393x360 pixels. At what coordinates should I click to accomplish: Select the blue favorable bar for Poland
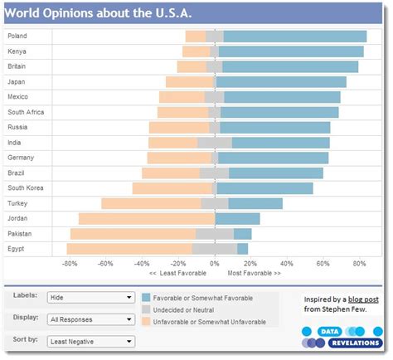(x=294, y=36)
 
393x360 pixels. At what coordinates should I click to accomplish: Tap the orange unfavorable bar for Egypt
(x=129, y=249)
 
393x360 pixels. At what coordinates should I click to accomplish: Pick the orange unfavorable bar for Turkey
(x=151, y=203)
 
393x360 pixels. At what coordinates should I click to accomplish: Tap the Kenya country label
(x=17, y=51)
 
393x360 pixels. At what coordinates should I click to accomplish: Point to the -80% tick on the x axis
(x=70, y=264)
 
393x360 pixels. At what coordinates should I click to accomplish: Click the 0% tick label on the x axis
(x=215, y=264)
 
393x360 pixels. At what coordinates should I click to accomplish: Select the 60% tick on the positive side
(x=323, y=264)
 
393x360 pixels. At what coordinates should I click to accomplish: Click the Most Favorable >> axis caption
(x=254, y=273)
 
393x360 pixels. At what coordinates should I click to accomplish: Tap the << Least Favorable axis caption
(x=176, y=273)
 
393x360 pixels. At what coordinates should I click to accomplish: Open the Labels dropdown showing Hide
(x=90, y=296)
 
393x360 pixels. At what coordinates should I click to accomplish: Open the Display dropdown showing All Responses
(x=90, y=319)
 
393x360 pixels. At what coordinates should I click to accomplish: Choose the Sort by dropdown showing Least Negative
(x=90, y=341)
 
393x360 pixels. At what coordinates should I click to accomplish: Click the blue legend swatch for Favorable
(x=146, y=297)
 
